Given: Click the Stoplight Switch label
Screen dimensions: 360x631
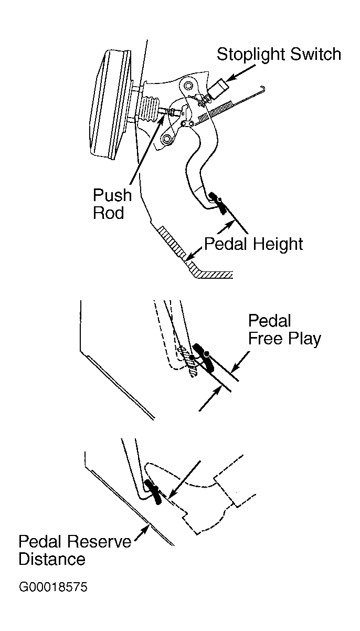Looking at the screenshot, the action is click(279, 55).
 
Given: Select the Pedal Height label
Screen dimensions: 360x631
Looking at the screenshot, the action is click(253, 244).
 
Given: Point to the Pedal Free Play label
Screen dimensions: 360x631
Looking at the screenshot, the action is click(284, 330).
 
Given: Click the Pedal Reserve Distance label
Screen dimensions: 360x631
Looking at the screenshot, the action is click(75, 550).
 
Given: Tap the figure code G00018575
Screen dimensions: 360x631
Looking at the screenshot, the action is click(53, 587).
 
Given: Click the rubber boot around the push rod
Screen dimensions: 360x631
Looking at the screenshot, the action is click(149, 109).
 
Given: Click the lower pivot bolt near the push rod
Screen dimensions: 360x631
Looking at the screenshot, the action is click(167, 139).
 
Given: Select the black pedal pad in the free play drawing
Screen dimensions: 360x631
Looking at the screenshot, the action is click(204, 357).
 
